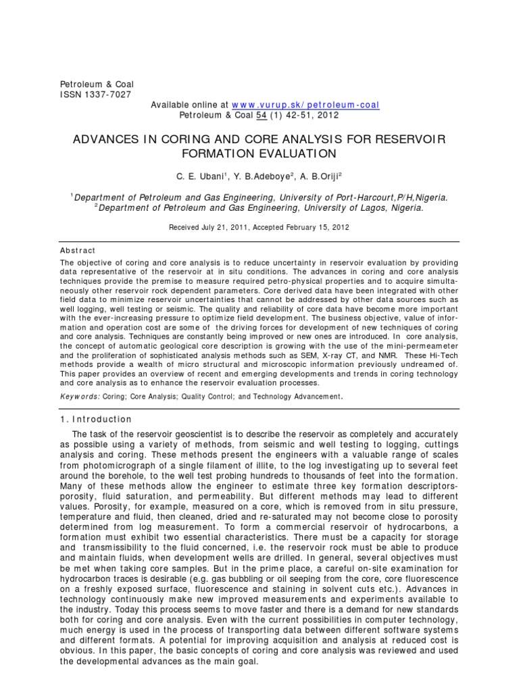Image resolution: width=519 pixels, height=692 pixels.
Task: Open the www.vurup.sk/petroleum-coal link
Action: tap(305, 105)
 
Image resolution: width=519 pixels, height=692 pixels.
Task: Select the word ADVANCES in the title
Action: tap(110, 139)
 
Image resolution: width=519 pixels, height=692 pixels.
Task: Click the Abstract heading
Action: tap(78, 250)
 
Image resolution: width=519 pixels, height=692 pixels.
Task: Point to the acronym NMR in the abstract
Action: tap(415, 355)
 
